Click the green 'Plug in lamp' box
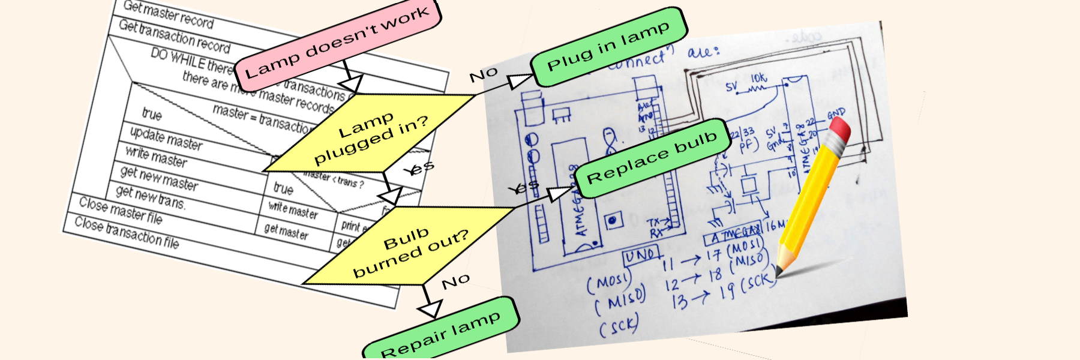pos(608,47)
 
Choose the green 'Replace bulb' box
pos(652,158)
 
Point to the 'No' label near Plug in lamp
pos(483,75)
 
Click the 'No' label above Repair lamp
pos(455,281)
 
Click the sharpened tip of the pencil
pos(778,273)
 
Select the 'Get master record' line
pos(168,14)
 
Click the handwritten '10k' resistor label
pos(758,79)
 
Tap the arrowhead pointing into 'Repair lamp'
pos(430,309)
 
